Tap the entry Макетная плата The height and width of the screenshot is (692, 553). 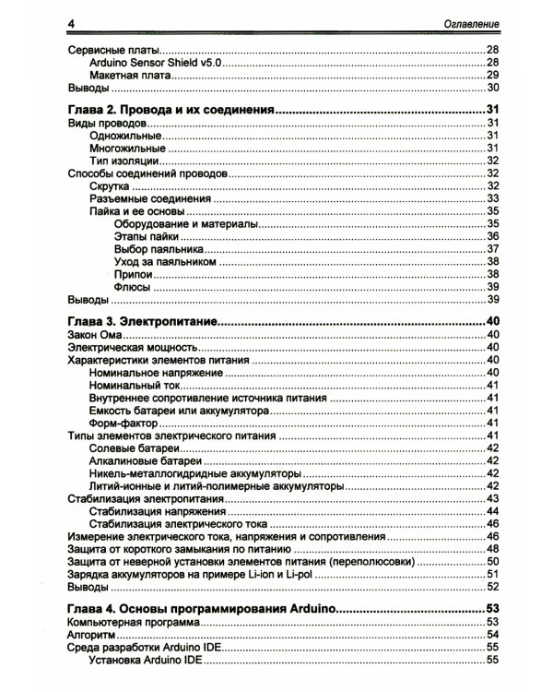(x=126, y=75)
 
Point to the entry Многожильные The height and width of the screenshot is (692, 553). (x=127, y=148)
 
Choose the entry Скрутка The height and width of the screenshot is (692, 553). (x=110, y=185)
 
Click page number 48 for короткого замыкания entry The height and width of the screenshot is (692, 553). (x=492, y=548)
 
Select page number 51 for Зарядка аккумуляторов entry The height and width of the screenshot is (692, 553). (x=492, y=573)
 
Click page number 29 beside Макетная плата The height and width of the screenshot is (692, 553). (x=492, y=75)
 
